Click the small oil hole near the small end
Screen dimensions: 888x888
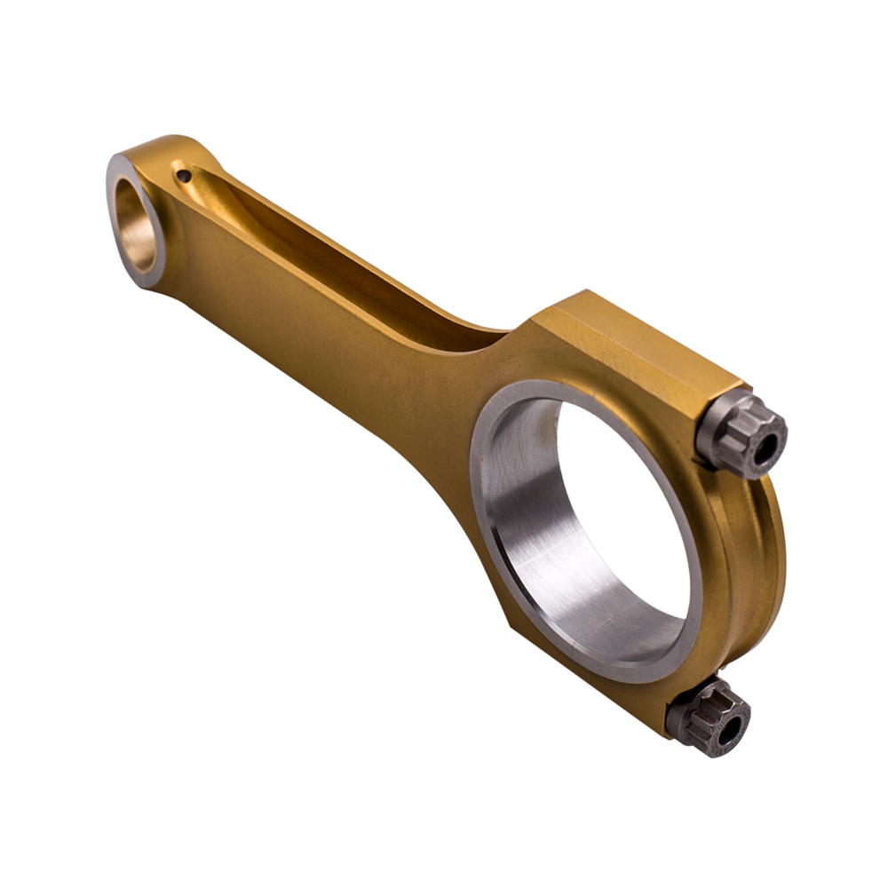[184, 176]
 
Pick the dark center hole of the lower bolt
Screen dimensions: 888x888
[730, 730]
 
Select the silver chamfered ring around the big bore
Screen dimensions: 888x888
[484, 497]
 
